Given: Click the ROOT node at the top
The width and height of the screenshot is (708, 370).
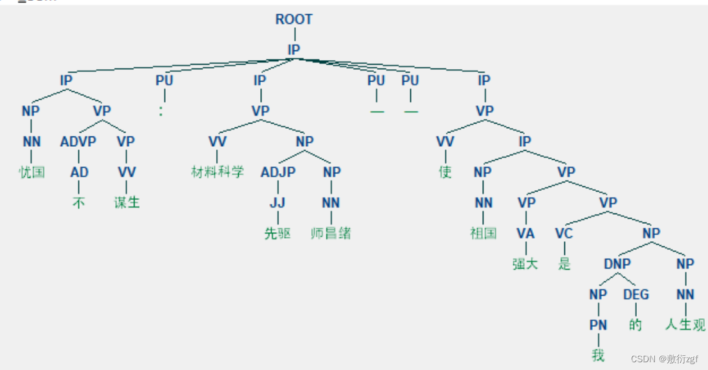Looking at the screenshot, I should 294,19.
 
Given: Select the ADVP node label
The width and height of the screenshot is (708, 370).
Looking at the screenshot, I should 78,142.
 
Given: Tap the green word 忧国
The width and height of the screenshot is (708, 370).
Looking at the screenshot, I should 31,172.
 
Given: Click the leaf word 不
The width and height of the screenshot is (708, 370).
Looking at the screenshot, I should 79,202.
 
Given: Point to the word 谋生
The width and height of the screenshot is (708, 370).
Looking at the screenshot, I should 127,202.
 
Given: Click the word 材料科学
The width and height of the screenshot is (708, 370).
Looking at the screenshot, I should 217,172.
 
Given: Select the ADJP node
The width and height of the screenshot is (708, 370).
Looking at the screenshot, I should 278,172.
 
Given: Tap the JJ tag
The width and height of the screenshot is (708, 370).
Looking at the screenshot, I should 278,202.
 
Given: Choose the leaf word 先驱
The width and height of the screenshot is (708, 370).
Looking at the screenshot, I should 278,234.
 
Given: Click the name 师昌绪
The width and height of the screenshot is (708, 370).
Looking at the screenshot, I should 331,234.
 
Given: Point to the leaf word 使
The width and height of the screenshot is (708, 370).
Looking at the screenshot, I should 445,172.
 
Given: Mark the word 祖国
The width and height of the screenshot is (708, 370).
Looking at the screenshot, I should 483,234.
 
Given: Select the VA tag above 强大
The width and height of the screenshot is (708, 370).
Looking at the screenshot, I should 526,234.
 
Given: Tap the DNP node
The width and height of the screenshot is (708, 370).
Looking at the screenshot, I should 617,264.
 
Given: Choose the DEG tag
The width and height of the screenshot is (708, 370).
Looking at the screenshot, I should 636,295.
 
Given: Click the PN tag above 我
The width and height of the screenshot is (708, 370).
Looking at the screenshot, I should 598,325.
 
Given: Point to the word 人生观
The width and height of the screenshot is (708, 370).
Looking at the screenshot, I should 685,325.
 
